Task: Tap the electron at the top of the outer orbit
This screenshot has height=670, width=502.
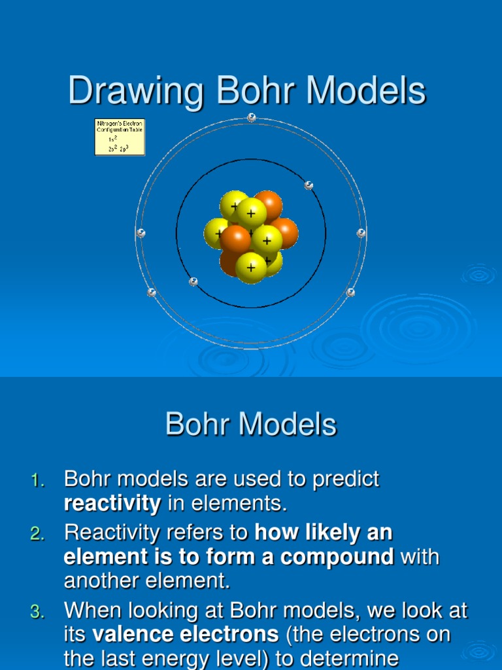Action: [x=252, y=117]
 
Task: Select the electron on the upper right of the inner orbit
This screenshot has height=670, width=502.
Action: [x=309, y=186]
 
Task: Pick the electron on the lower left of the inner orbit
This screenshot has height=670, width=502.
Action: [x=193, y=282]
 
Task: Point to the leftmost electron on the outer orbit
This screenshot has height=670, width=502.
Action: [x=141, y=234]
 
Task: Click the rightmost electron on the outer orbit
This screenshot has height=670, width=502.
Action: [x=361, y=233]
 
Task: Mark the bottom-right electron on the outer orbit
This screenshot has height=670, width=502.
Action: [x=350, y=292]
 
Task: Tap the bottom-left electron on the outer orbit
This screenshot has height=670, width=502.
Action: [x=152, y=292]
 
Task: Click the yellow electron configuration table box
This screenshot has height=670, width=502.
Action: [x=120, y=137]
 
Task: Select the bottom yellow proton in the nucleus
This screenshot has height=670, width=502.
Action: [x=251, y=268]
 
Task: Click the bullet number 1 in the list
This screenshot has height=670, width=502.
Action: [x=37, y=482]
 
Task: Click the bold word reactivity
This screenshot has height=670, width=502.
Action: [x=112, y=504]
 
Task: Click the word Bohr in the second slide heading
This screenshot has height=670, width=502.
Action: [x=197, y=425]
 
